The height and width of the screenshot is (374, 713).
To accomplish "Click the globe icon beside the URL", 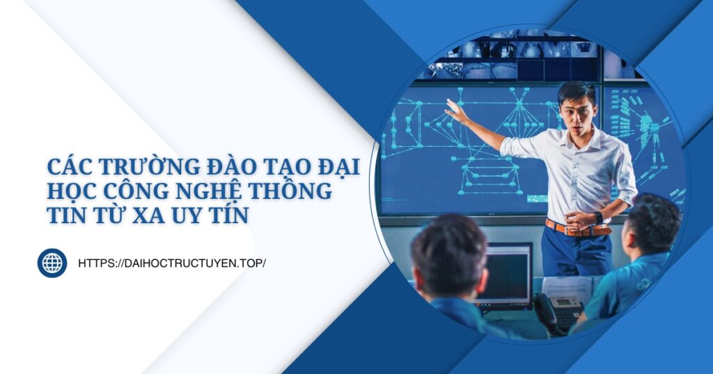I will [52, 263].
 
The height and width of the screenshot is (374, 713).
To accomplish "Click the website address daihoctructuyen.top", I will [172, 263].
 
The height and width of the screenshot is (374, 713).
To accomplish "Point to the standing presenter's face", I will [578, 111].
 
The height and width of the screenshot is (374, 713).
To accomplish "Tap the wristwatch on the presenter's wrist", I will [598, 217].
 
